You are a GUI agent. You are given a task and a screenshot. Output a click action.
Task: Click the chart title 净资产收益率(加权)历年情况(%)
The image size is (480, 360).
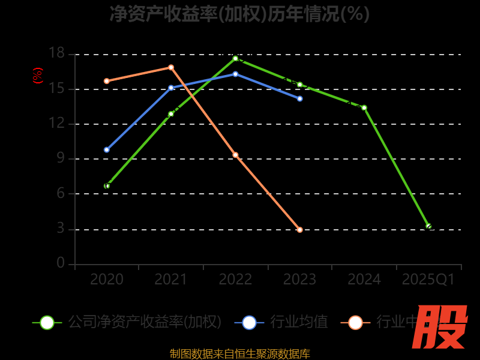coord(239,14)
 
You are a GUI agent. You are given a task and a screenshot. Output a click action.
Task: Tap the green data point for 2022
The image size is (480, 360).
coord(235,58)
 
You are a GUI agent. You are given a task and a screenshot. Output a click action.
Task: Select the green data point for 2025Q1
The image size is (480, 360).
coord(428,226)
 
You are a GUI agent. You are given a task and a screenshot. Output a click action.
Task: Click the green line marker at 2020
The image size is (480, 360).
coord(107,186)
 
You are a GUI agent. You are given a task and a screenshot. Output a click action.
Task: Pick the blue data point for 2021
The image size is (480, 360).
coord(171,88)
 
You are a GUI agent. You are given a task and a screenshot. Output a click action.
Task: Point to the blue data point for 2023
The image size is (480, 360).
coord(300,98)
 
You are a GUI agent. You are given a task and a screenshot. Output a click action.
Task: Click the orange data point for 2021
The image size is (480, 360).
coord(171,67)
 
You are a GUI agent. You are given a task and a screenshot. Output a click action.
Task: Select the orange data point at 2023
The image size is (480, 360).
coord(300,230)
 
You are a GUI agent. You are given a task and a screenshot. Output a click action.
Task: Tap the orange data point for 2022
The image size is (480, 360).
coord(235,155)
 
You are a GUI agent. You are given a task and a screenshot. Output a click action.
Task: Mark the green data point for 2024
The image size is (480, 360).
coord(364,107)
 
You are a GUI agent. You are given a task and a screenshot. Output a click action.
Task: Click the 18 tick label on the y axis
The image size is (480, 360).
coord(56,54)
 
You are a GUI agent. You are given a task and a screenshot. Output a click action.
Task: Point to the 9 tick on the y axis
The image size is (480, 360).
coord(60,159)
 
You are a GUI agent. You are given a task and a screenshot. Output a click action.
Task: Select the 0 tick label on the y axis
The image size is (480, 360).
coord(60,263)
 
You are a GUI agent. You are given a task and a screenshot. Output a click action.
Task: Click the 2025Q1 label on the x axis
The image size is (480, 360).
coord(428,280)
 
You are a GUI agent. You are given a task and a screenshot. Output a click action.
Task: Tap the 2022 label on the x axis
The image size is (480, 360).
coord(235,280)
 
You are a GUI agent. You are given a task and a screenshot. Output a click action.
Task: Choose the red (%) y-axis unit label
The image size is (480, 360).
coord(37,76)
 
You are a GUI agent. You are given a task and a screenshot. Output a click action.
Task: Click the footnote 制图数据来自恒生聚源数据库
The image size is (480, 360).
coord(239,354)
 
